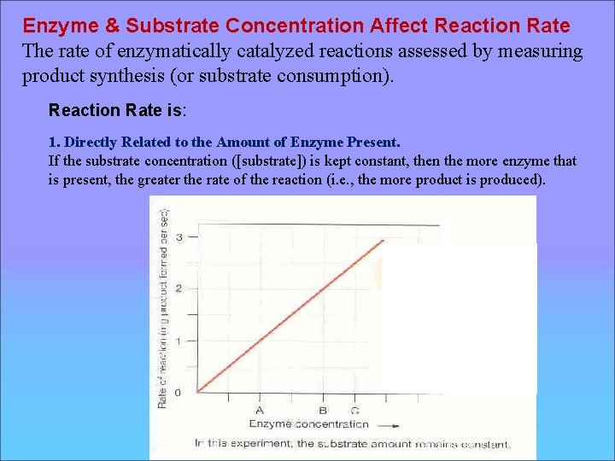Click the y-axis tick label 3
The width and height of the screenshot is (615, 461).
click(178, 236)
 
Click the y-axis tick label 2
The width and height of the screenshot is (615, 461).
click(178, 289)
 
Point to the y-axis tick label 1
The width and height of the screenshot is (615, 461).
click(178, 341)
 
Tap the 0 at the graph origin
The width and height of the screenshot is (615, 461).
click(178, 393)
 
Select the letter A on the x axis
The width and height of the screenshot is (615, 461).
click(259, 410)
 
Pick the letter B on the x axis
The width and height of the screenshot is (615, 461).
click(323, 410)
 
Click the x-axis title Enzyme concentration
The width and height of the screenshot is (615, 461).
click(308, 423)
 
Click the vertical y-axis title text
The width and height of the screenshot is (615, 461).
click(162, 307)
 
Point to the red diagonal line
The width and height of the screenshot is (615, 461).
click(290, 315)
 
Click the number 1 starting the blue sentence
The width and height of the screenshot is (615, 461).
click(53, 142)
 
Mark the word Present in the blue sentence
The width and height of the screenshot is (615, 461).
click(372, 142)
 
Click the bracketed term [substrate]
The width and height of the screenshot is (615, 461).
click(281, 160)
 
